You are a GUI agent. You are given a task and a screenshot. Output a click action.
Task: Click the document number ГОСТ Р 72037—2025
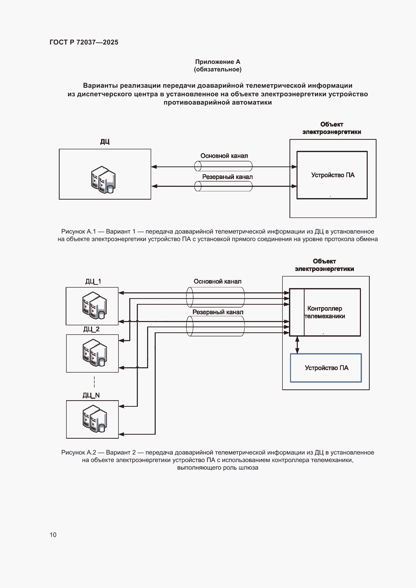pos(84,42)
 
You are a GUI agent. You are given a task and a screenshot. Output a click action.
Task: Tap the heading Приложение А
pos(218,62)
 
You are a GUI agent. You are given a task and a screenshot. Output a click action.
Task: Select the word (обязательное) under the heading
pos(218,69)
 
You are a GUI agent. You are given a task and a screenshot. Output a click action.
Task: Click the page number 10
pos(53,535)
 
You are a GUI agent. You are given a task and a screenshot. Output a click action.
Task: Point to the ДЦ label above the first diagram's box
pos(105,142)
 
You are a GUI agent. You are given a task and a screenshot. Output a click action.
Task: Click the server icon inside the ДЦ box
pos(103,180)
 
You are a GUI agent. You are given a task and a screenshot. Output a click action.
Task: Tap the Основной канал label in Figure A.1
pos(224,156)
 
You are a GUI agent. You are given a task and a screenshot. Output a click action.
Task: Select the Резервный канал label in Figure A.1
pos(227,177)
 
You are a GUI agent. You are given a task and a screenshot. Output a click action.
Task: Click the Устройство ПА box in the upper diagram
pos(332,175)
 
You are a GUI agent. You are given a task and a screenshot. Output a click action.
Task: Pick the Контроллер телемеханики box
pos(325,312)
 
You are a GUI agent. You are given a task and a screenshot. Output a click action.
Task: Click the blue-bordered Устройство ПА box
pos(326,368)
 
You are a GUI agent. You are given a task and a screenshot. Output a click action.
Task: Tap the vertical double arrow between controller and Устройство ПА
pos(297,345)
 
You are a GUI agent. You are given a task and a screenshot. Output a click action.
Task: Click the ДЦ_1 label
pos(93,282)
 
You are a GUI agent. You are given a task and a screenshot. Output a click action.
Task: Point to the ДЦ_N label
pos(91,395)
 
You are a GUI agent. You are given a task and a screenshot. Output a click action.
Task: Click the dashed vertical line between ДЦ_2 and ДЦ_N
pos(94,382)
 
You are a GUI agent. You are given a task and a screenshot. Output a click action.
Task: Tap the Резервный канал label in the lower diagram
pos(218,312)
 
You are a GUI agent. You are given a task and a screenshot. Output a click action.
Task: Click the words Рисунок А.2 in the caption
pos(78,452)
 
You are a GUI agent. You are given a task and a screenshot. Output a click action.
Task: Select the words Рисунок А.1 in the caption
pos(78,232)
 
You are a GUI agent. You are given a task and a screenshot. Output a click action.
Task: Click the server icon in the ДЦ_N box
pos(95,419)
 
